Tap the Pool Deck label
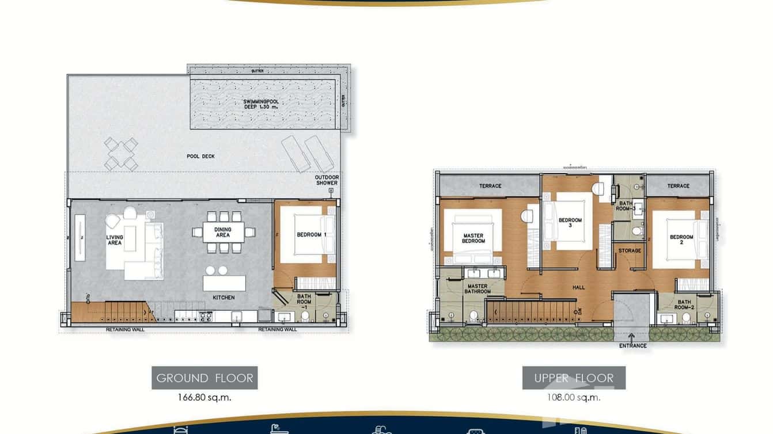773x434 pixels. pyautogui.click(x=200, y=156)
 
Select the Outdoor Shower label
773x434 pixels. pyautogui.click(x=327, y=180)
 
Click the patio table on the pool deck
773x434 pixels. pyautogui.click(x=121, y=154)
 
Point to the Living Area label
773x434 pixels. pyautogui.click(x=115, y=240)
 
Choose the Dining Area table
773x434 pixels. pyautogui.click(x=222, y=232)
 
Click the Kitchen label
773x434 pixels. pyautogui.click(x=223, y=298)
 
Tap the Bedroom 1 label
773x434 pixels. pyautogui.click(x=312, y=235)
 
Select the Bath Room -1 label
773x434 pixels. pyautogui.click(x=304, y=302)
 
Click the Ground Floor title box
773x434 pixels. pyautogui.click(x=204, y=378)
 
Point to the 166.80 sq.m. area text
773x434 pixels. pyautogui.click(x=204, y=397)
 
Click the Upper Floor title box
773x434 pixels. pyautogui.click(x=574, y=378)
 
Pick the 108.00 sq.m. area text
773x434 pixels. pyautogui.click(x=574, y=397)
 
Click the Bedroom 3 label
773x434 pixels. pyautogui.click(x=570, y=223)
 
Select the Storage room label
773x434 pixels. pyautogui.click(x=630, y=251)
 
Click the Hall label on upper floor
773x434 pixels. pyautogui.click(x=578, y=287)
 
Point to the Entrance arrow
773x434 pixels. pyautogui.click(x=632, y=336)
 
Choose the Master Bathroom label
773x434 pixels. pyautogui.click(x=478, y=289)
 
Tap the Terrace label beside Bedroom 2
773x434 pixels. pyautogui.click(x=678, y=186)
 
